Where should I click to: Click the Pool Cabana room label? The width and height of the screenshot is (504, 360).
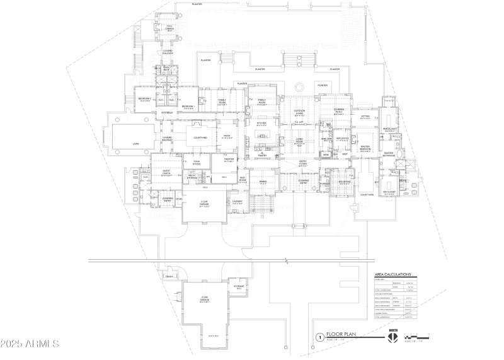click(170, 28)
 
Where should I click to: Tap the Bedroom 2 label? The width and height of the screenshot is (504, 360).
click(144, 99)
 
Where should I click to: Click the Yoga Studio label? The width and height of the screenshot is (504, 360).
click(197, 163)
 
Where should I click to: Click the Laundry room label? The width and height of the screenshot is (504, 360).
click(237, 202)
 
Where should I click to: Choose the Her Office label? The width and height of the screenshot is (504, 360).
click(343, 139)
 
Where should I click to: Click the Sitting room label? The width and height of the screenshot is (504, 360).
click(365, 117)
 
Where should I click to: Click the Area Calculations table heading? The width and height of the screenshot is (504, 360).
click(392, 275)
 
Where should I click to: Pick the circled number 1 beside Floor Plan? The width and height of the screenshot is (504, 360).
click(321, 338)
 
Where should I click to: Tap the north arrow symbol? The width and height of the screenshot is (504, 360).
click(392, 337)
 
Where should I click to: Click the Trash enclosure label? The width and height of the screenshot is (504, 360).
click(168, 276)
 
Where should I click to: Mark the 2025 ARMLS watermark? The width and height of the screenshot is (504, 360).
click(30, 344)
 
